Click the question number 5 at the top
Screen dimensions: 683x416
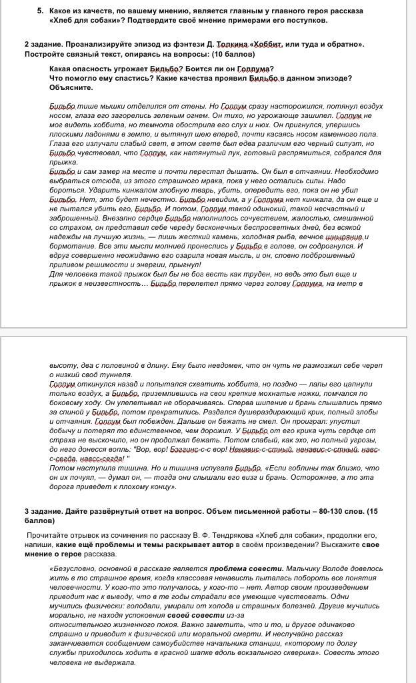(x=40, y=11)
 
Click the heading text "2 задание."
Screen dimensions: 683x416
(x=43, y=44)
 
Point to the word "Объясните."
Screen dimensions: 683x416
(x=71, y=87)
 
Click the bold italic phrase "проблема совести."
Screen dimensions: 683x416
(x=239, y=569)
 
